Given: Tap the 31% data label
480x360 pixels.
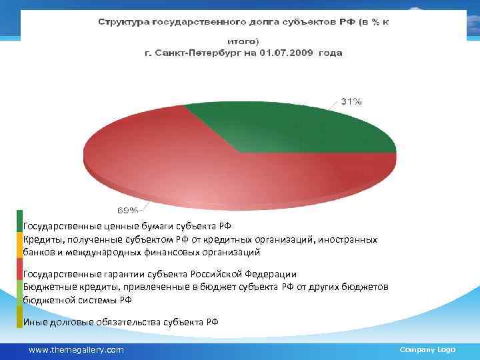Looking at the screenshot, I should (x=351, y=101).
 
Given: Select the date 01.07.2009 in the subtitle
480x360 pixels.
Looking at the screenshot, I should (x=289, y=53).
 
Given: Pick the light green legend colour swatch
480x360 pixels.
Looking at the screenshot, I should (x=20, y=293).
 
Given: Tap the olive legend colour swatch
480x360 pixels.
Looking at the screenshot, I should (x=20, y=317).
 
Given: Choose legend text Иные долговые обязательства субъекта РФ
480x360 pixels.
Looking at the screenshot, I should (x=121, y=323).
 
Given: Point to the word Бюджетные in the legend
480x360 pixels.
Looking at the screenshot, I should (x=47, y=287).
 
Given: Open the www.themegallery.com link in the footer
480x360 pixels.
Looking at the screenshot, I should (x=76, y=349).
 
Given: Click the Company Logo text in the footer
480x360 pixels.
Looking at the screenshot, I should (x=427, y=349).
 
